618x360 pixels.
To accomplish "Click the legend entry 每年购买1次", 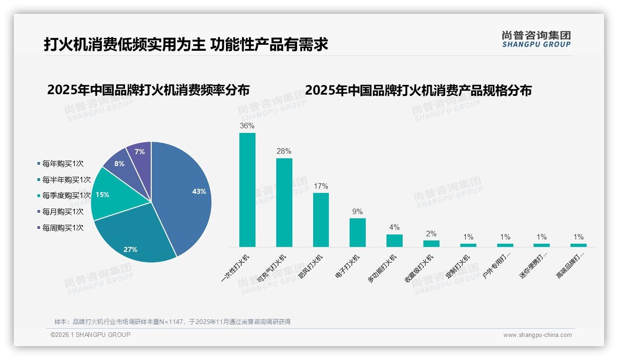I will click(x=63, y=163).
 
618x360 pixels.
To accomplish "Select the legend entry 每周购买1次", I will click(x=63, y=228).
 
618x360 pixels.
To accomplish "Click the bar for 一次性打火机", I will click(x=247, y=190).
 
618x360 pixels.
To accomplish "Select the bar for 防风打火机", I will click(x=321, y=220).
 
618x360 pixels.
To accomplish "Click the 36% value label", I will click(x=247, y=126).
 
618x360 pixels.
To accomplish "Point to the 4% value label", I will click(x=394, y=227).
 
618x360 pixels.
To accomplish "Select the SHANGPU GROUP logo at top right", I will click(x=536, y=39).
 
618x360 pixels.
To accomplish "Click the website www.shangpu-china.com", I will click(x=537, y=335).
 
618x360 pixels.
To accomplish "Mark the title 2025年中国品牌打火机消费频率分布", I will click(x=148, y=90).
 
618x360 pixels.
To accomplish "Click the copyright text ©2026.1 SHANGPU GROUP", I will click(x=90, y=335).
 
